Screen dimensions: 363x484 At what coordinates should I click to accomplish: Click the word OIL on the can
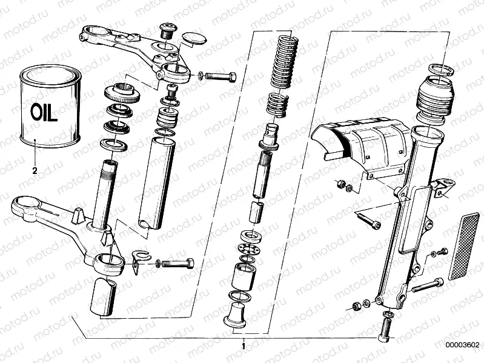pyautogui.click(x=44, y=112)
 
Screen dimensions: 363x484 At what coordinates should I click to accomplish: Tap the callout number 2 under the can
pyautogui.click(x=35, y=171)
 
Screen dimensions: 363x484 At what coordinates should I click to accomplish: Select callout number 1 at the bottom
pyautogui.click(x=244, y=347)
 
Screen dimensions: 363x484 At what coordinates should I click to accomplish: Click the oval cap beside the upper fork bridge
pyautogui.click(x=192, y=39)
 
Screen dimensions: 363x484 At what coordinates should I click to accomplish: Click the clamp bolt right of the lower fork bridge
pyautogui.click(x=176, y=264)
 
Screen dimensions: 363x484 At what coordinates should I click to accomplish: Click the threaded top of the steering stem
pyautogui.click(x=111, y=165)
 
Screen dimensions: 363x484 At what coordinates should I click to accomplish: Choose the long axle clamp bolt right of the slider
pyautogui.click(x=427, y=284)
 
